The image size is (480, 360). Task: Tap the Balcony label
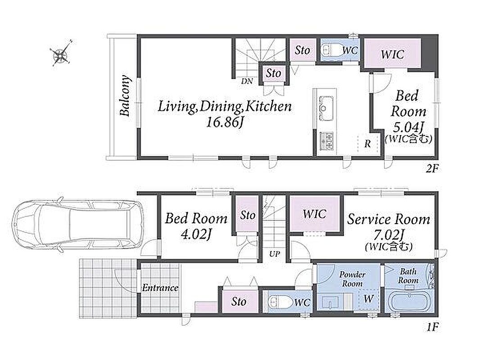pos(125,96)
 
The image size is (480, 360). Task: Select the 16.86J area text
pos(225,122)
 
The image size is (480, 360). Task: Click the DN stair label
pos(247,81)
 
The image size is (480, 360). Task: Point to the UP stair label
pos(274,253)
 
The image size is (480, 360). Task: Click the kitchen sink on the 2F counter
pos(326,108)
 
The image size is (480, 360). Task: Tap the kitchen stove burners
pos(326,140)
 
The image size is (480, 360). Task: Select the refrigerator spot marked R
pos(367,144)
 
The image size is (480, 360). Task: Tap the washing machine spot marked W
pos(369,298)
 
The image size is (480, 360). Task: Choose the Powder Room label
pos(353,279)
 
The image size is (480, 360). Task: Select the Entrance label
pos(160,288)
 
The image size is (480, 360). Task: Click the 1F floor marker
pos(433,327)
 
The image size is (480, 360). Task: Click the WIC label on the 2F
pos(393,55)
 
